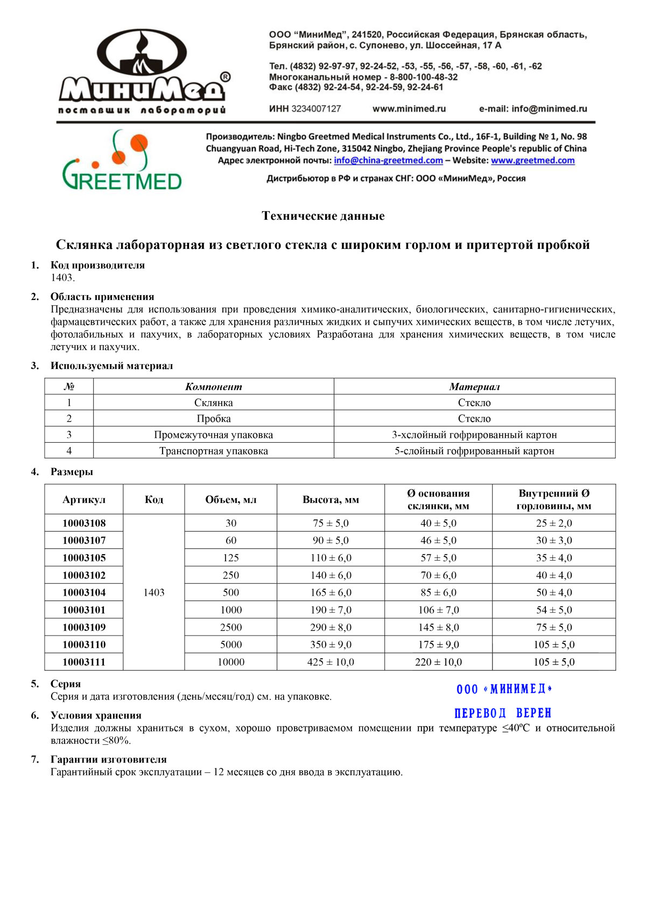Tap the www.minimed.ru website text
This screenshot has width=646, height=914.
pyautogui.click(x=409, y=109)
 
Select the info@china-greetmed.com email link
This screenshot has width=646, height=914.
pyautogui.click(x=388, y=161)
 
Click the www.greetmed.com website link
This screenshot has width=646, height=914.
pyautogui.click(x=532, y=161)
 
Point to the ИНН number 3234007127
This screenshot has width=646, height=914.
pyautogui.click(x=316, y=109)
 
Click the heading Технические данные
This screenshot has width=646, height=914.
pyautogui.click(x=323, y=216)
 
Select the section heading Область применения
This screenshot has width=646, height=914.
pyautogui.click(x=102, y=297)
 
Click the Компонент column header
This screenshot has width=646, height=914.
pyautogui.click(x=214, y=387)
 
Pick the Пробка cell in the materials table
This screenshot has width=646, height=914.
pyautogui.click(x=214, y=418)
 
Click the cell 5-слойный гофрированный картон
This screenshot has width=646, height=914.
pyautogui.click(x=474, y=451)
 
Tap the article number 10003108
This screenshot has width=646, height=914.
pyautogui.click(x=84, y=523)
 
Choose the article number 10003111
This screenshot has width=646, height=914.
pyautogui.click(x=84, y=662)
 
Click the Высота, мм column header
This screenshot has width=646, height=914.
pyautogui.click(x=331, y=500)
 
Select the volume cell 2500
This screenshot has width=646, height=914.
pyautogui.click(x=231, y=627)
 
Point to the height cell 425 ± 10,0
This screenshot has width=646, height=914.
pyautogui.click(x=331, y=662)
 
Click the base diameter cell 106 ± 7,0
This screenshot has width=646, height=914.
pyautogui.click(x=438, y=610)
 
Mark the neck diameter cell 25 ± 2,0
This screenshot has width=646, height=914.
pyautogui.click(x=554, y=523)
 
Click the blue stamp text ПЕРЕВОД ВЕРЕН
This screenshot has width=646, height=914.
pyautogui.click(x=503, y=713)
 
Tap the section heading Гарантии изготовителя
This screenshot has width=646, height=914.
pyautogui.click(x=109, y=759)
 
